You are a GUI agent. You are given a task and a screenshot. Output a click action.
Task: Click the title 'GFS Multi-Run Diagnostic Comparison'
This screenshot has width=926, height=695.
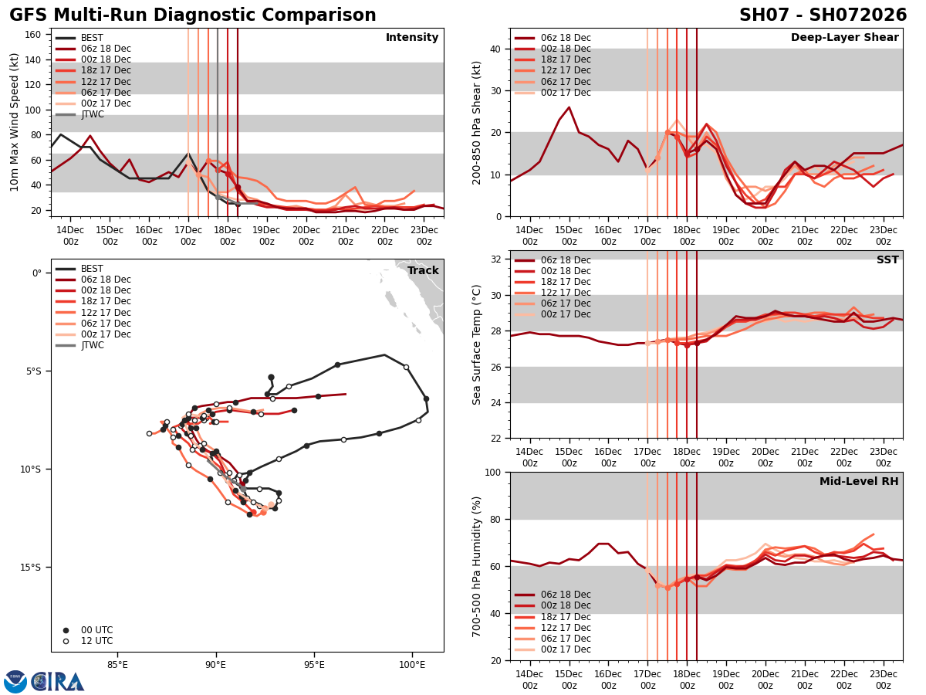[193, 15]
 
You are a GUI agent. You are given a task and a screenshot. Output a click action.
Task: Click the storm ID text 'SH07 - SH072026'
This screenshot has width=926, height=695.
[823, 15]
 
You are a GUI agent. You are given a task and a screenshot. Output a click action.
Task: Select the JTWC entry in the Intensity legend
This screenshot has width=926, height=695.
[92, 115]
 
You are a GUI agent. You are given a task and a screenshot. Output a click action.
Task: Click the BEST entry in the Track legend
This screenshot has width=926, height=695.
[92, 269]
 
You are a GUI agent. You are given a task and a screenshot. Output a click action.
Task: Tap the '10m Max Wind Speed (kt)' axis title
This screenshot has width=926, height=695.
[15, 122]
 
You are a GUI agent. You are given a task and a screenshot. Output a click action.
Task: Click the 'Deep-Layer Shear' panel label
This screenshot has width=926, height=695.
[844, 38]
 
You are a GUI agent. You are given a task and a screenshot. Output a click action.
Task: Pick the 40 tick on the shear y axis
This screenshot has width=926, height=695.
[495, 49]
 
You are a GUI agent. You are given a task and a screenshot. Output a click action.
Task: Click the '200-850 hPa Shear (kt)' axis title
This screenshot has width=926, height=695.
[477, 122]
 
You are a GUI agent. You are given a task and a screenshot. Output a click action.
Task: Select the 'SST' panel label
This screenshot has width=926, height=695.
[887, 260]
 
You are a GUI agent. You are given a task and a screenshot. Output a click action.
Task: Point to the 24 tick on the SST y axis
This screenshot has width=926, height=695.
[495, 402]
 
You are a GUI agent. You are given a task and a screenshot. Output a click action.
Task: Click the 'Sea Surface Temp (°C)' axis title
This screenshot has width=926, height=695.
[477, 344]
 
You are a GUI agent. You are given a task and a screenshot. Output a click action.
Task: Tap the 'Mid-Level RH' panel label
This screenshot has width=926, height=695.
[859, 482]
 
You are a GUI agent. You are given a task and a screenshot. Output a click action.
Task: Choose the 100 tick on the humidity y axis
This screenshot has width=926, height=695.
[492, 472]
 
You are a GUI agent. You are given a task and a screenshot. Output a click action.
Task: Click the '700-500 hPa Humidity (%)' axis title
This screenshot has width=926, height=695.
[477, 566]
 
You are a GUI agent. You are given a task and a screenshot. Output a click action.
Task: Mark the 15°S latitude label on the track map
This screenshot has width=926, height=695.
[31, 568]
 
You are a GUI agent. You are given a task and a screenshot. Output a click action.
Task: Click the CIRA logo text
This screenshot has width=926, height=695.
[58, 682]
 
